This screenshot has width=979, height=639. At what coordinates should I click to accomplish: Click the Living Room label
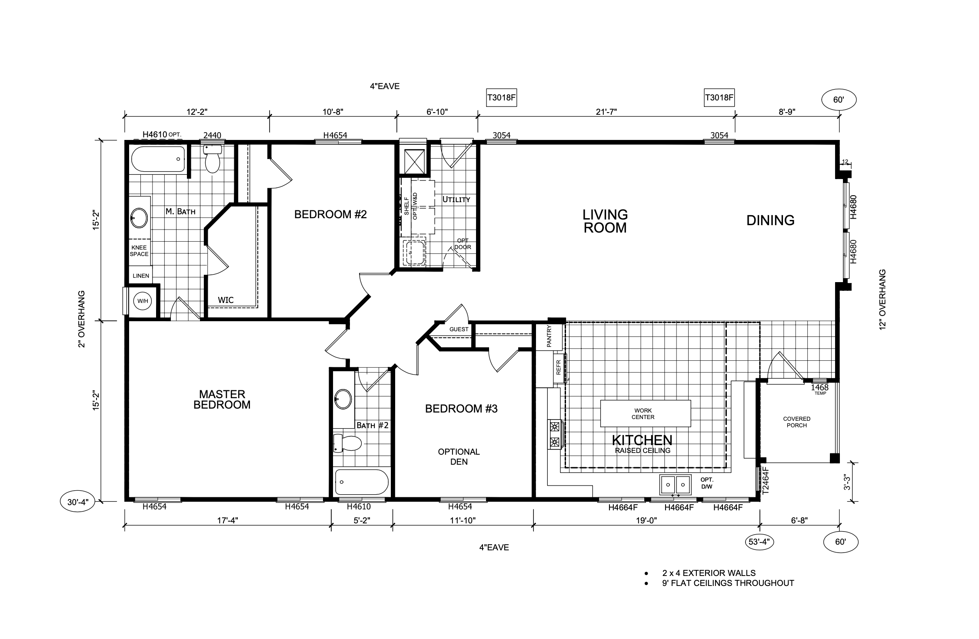point(605,221)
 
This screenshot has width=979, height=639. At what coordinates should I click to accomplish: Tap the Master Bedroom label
point(222,399)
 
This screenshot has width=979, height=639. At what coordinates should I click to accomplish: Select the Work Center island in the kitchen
point(646,413)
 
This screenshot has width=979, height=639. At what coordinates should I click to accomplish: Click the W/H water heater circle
point(143,301)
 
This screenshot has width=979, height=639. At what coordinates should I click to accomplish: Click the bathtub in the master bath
point(158,159)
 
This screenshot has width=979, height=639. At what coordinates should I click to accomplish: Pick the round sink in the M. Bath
point(139,218)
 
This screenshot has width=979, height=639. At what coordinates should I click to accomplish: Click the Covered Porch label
point(796,422)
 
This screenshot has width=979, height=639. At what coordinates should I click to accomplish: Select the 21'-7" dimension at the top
point(606,112)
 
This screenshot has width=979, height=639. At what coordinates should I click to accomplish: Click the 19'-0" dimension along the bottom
point(646,520)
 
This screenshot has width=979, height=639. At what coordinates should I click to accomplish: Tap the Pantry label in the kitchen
point(549,336)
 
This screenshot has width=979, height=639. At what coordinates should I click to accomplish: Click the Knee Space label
point(139,251)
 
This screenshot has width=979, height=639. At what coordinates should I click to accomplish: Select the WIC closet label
point(226,300)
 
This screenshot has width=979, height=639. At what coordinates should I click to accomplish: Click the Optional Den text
point(459,457)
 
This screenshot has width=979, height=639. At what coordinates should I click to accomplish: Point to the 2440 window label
point(212,135)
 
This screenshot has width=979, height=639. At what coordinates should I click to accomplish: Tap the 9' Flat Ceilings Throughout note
point(728,583)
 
